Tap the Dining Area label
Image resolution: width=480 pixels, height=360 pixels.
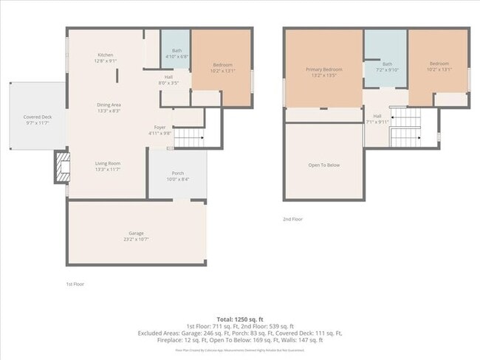(x=109, y=105)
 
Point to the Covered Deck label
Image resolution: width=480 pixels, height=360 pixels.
(x=37, y=116)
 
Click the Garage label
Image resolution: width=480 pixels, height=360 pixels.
(x=136, y=233)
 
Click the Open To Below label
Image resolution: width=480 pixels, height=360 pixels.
(x=323, y=165)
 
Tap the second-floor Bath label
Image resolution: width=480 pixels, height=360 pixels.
(x=388, y=65)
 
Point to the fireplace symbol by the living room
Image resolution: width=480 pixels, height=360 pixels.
(x=60, y=167)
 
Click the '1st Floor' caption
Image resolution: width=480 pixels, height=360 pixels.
(x=75, y=283)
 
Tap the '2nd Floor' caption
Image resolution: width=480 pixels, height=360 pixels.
(x=292, y=219)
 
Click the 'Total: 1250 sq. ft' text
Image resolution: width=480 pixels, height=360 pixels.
(x=239, y=317)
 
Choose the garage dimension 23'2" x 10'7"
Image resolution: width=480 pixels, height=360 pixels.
(x=136, y=239)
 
